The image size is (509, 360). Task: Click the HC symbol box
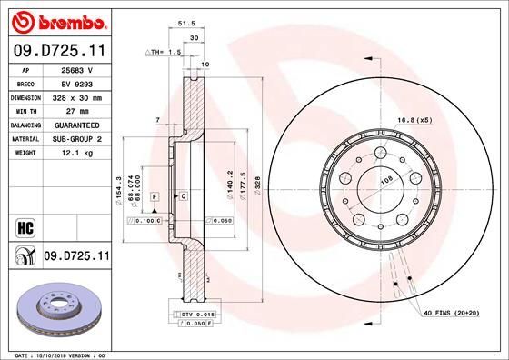[x=25, y=225]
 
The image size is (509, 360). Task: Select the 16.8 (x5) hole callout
[x=414, y=118]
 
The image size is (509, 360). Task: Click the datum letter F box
[x=155, y=196]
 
